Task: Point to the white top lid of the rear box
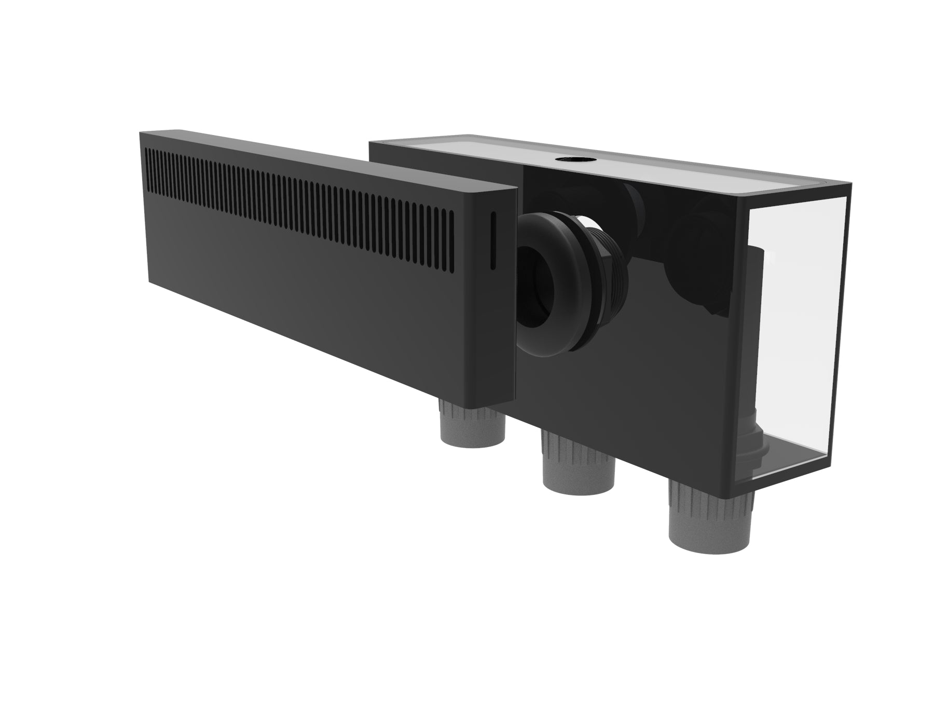pos(649,161)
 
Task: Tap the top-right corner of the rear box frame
pos(850,185)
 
